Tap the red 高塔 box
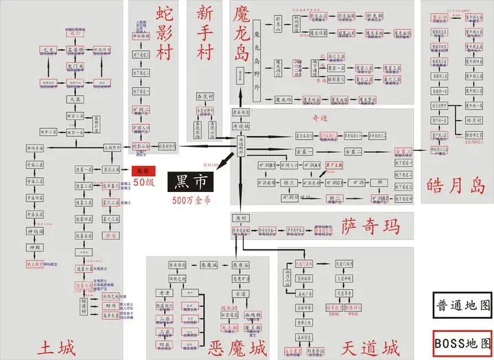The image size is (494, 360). [142, 171]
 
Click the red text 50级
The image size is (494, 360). [143, 182]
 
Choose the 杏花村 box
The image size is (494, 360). [207, 97]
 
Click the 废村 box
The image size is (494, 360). [240, 218]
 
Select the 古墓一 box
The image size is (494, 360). [304, 150]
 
